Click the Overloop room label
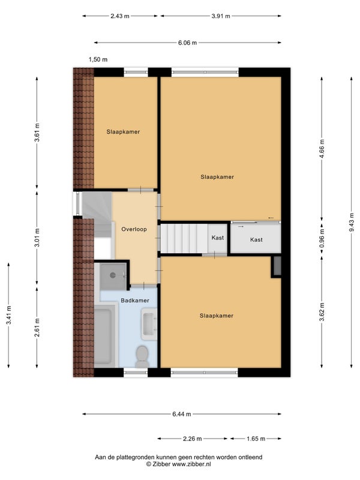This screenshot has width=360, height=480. click(x=134, y=229)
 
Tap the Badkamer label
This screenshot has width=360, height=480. click(x=135, y=301)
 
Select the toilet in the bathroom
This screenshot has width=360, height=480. click(x=142, y=356)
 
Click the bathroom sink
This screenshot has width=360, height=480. click(x=149, y=324)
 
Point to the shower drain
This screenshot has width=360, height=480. click(x=113, y=275)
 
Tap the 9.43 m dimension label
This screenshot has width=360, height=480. click(x=352, y=223)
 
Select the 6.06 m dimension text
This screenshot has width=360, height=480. click(x=188, y=43)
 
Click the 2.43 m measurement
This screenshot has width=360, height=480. click(x=120, y=16)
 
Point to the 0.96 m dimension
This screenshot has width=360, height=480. click(x=322, y=238)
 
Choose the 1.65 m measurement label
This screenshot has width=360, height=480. click(x=256, y=439)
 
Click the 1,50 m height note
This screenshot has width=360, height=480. click(x=98, y=59)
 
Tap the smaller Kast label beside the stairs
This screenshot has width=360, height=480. click(x=218, y=238)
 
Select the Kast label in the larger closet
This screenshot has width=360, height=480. click(x=256, y=240)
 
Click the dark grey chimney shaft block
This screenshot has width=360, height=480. click(x=277, y=266)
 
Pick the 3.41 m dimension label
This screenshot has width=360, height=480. click(x=8, y=316)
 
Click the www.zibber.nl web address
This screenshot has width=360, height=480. click(x=191, y=464)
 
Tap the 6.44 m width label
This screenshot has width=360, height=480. click(x=182, y=415)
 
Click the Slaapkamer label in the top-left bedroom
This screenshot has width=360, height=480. click(x=123, y=132)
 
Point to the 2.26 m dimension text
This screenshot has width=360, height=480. click(x=192, y=439)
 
